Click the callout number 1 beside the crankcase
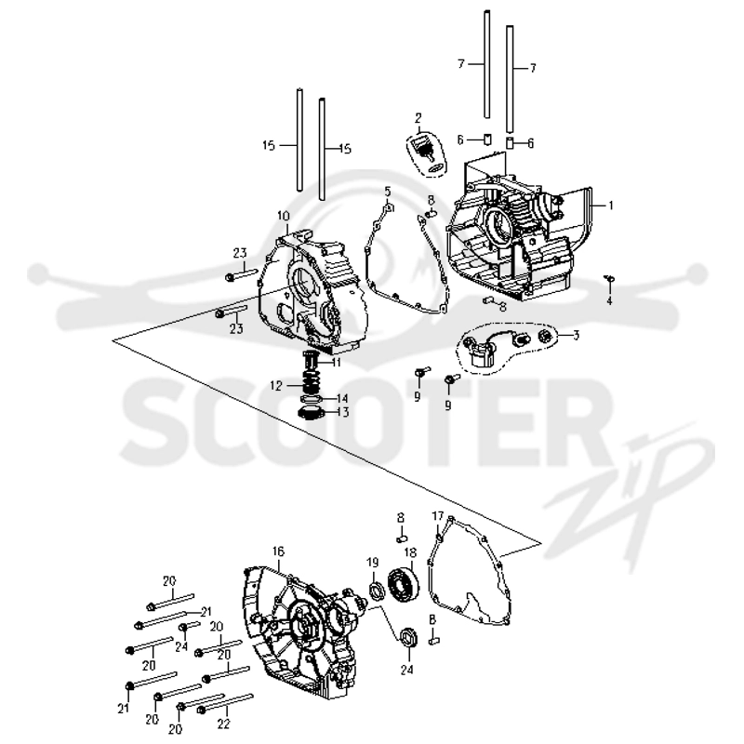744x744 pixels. click(x=611, y=206)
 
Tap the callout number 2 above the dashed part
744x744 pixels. click(x=418, y=118)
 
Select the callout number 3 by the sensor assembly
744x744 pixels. click(x=576, y=336)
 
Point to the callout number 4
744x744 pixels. click(x=610, y=300)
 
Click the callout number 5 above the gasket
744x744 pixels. click(x=388, y=192)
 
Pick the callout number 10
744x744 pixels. click(x=284, y=217)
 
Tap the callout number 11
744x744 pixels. click(x=337, y=363)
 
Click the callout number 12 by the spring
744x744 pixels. click(x=276, y=386)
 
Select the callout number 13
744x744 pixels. click(x=342, y=412)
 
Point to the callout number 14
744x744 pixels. click(x=341, y=398)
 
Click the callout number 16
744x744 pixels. click(x=278, y=551)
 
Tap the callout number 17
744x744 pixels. click(x=437, y=516)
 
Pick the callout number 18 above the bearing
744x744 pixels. click(x=410, y=552)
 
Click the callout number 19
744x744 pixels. click(x=373, y=563)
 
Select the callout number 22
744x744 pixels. click(x=223, y=724)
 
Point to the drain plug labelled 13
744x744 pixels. click(x=310, y=412)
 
